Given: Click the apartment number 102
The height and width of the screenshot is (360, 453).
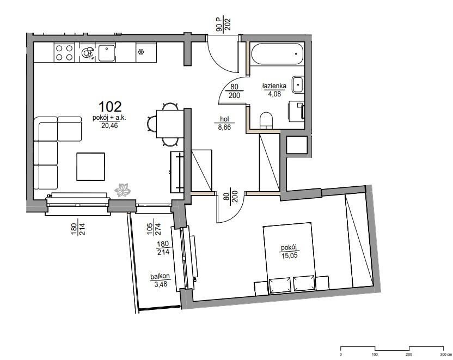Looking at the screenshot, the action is click(x=110, y=107).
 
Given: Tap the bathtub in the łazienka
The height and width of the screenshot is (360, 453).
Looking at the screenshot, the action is click(x=277, y=54).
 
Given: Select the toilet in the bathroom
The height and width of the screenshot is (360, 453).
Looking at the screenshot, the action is click(x=266, y=120).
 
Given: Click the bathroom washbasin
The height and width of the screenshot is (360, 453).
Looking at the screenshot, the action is click(x=298, y=84).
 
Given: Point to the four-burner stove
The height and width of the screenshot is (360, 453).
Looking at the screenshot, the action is click(x=64, y=52).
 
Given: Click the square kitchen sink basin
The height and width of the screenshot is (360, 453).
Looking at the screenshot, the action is click(x=106, y=53).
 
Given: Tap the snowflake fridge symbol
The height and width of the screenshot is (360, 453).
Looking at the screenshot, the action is click(x=141, y=52).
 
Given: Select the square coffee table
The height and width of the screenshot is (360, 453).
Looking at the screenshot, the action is click(x=90, y=167).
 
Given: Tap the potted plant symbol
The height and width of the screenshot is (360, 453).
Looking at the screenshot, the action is click(x=123, y=190).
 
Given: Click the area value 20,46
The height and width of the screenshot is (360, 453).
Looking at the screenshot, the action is click(x=110, y=125).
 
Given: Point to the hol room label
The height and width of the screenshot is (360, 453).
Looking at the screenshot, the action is click(x=224, y=119).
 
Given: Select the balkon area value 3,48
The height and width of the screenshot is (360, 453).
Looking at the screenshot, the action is click(x=161, y=284).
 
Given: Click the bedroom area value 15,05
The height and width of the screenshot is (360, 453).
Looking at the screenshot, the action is click(x=289, y=255).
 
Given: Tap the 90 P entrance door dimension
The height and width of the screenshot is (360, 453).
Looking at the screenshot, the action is click(x=219, y=25).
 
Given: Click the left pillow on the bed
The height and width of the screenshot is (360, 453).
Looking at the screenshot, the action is click(x=280, y=285).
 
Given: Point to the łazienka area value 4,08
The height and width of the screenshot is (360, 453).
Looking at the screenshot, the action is click(x=274, y=94).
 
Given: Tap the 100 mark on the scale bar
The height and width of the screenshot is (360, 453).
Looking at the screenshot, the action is click(x=375, y=354).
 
